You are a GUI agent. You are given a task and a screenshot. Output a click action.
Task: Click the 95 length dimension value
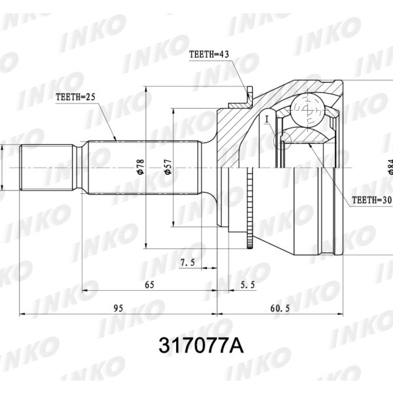point(119,307)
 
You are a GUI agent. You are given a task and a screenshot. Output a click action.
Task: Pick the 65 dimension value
point(149,284)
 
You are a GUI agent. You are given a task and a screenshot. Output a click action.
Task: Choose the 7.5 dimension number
point(188,262)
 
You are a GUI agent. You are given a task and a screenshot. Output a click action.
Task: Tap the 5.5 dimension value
point(248,284)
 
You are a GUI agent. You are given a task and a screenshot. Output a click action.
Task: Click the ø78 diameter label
point(140,166)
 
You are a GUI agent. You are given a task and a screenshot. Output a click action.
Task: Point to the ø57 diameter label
point(168,166)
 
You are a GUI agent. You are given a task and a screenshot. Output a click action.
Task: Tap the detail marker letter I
point(268,119)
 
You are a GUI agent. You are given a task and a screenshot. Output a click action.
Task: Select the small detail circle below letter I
point(283,139)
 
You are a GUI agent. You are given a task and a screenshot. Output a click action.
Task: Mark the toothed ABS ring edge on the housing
point(250,210)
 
